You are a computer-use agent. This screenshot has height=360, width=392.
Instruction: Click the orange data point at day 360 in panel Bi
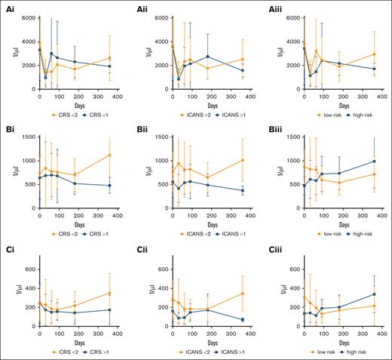pos(110,155)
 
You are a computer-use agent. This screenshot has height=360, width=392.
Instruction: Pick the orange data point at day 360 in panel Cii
pos(243,294)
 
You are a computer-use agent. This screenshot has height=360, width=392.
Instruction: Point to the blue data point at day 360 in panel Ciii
pos(374,294)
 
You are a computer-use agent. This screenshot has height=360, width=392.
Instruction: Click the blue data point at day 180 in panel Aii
pos(207,57)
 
